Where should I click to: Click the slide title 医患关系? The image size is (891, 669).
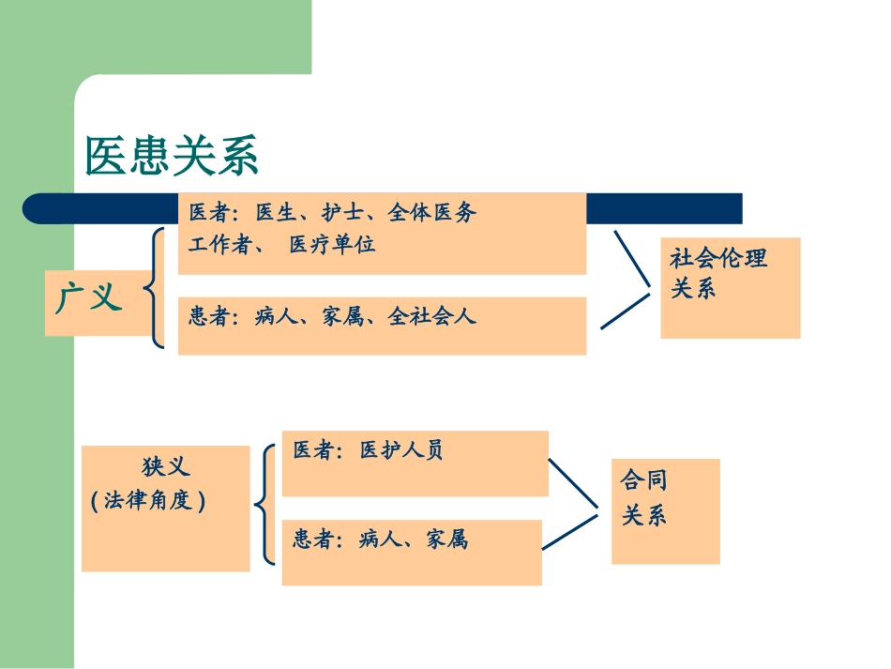click(172, 156)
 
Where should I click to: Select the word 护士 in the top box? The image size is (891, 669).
click(342, 213)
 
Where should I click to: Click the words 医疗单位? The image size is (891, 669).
click(332, 245)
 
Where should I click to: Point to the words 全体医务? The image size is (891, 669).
click(431, 213)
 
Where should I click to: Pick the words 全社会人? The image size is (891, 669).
click(431, 316)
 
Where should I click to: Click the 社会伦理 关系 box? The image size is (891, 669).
click(730, 287)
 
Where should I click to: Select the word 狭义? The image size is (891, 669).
click(166, 467)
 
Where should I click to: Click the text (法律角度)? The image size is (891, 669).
click(148, 500)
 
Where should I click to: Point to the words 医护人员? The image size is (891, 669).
click(401, 450)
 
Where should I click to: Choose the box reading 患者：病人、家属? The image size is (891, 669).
click(411, 552)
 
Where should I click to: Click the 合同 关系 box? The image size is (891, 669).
click(665, 511)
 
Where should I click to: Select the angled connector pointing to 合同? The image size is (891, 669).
click(572, 511)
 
